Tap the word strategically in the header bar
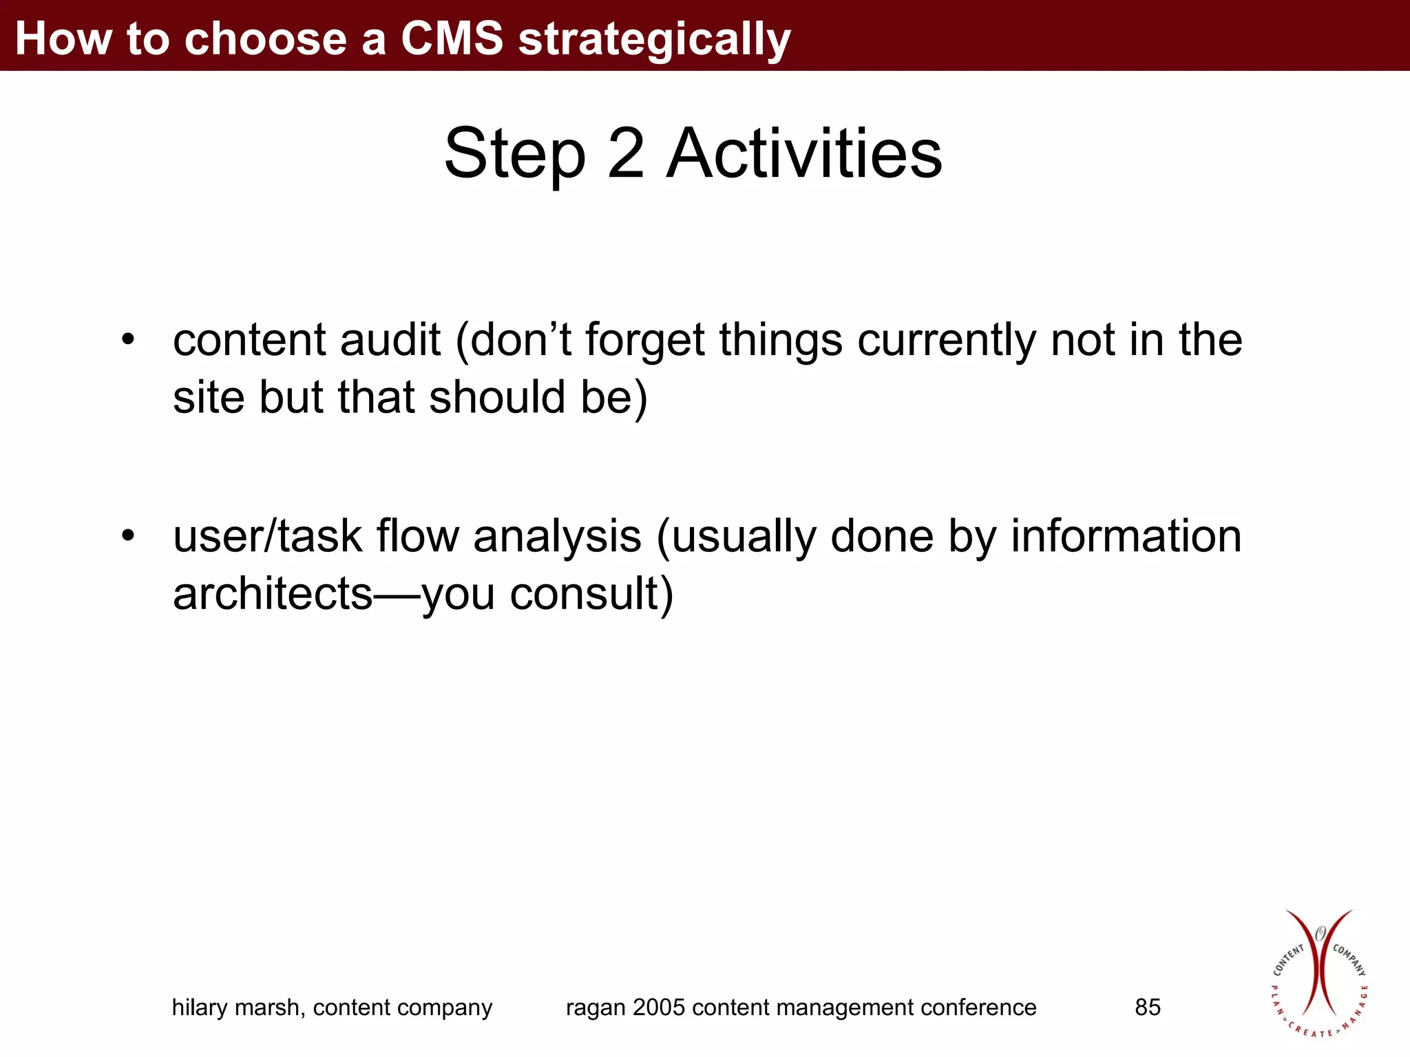pyautogui.click(x=654, y=39)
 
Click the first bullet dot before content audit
pyautogui.click(x=128, y=339)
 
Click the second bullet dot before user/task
pyautogui.click(x=128, y=535)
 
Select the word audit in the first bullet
pyautogui.click(x=390, y=339)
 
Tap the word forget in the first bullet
pyautogui.click(x=645, y=341)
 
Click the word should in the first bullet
pyautogui.click(x=496, y=397)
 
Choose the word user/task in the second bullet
pyautogui.click(x=267, y=536)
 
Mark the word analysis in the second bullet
pyautogui.click(x=557, y=537)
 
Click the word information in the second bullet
pyautogui.click(x=1126, y=536)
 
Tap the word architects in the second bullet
pyautogui.click(x=273, y=593)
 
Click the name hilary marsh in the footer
pyautogui.click(x=238, y=1007)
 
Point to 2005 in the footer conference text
pyautogui.click(x=659, y=1007)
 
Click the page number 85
pyautogui.click(x=1147, y=1007)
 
